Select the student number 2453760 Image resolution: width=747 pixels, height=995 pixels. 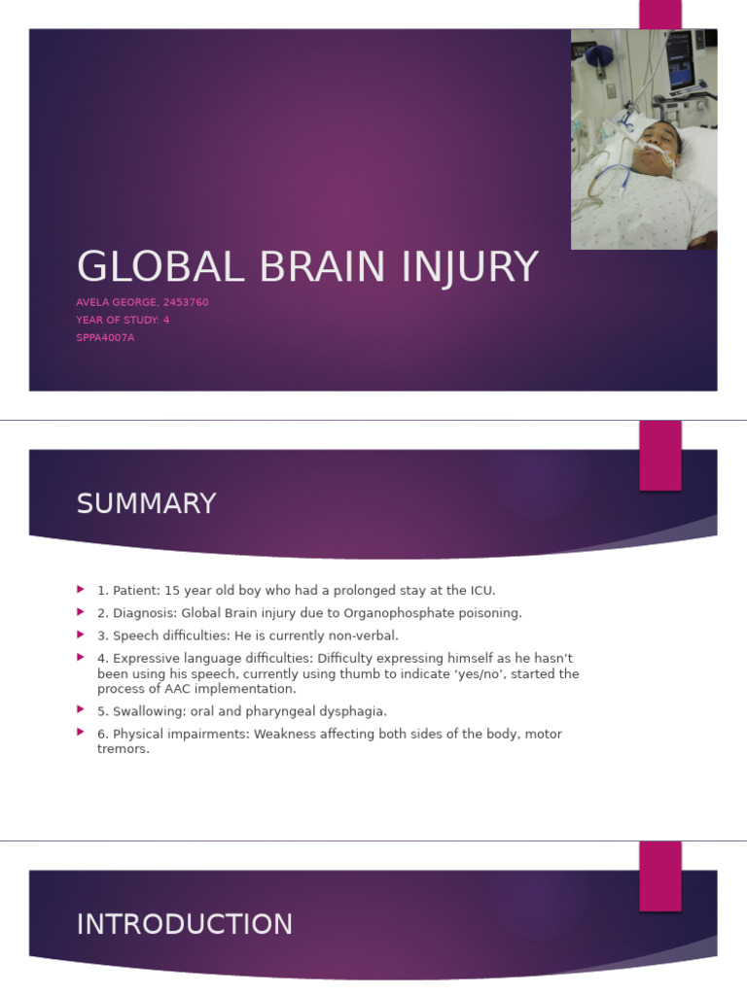point(183,302)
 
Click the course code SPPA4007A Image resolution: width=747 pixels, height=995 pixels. point(105,337)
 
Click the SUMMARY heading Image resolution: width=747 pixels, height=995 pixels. point(146,504)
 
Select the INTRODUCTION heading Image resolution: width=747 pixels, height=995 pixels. point(185,925)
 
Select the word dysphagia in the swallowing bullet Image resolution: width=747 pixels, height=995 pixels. point(353,711)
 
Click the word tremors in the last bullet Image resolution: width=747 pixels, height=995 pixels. point(123,749)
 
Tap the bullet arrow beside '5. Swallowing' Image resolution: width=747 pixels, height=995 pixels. point(82,710)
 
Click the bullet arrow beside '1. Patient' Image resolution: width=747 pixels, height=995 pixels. point(82,590)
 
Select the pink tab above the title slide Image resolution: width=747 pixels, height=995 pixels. point(659,14)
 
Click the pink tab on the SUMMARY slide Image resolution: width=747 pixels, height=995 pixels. point(659,456)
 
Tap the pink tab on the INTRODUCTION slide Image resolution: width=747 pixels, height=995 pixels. point(659,875)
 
